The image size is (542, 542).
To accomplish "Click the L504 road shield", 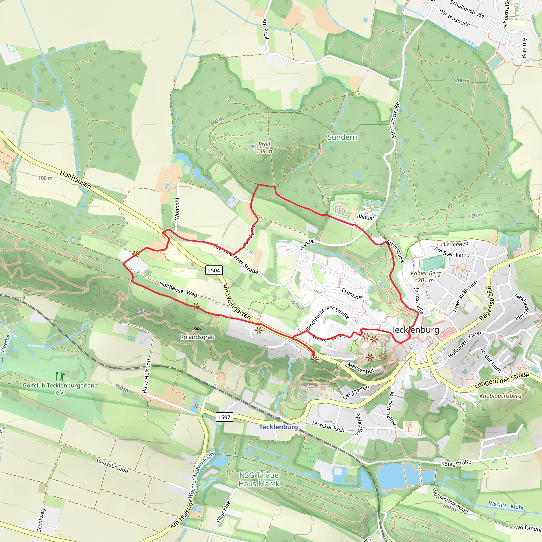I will [x=214, y=270].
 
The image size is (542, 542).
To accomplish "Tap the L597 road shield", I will [x=224, y=417].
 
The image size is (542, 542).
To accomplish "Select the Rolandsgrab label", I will [x=197, y=337].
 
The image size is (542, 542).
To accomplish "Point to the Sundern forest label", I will [x=342, y=137].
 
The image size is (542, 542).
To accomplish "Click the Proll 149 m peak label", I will [x=264, y=148].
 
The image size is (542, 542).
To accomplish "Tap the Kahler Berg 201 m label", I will [x=426, y=277].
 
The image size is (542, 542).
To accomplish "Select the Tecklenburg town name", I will [x=415, y=330].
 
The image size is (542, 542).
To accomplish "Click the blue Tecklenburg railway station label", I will [x=278, y=427].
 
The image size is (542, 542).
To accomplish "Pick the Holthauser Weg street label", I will [x=178, y=289].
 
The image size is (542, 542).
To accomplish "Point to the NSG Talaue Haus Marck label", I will [x=259, y=480].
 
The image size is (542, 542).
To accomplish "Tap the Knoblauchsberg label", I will [x=500, y=396].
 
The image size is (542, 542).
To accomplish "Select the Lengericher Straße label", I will [x=502, y=380].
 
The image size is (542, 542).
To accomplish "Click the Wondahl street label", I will [x=177, y=209].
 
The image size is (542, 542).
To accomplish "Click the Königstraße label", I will [x=456, y=463].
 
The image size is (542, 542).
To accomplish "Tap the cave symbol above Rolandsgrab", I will [x=197, y=329].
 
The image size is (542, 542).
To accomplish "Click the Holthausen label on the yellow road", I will [x=75, y=179].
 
